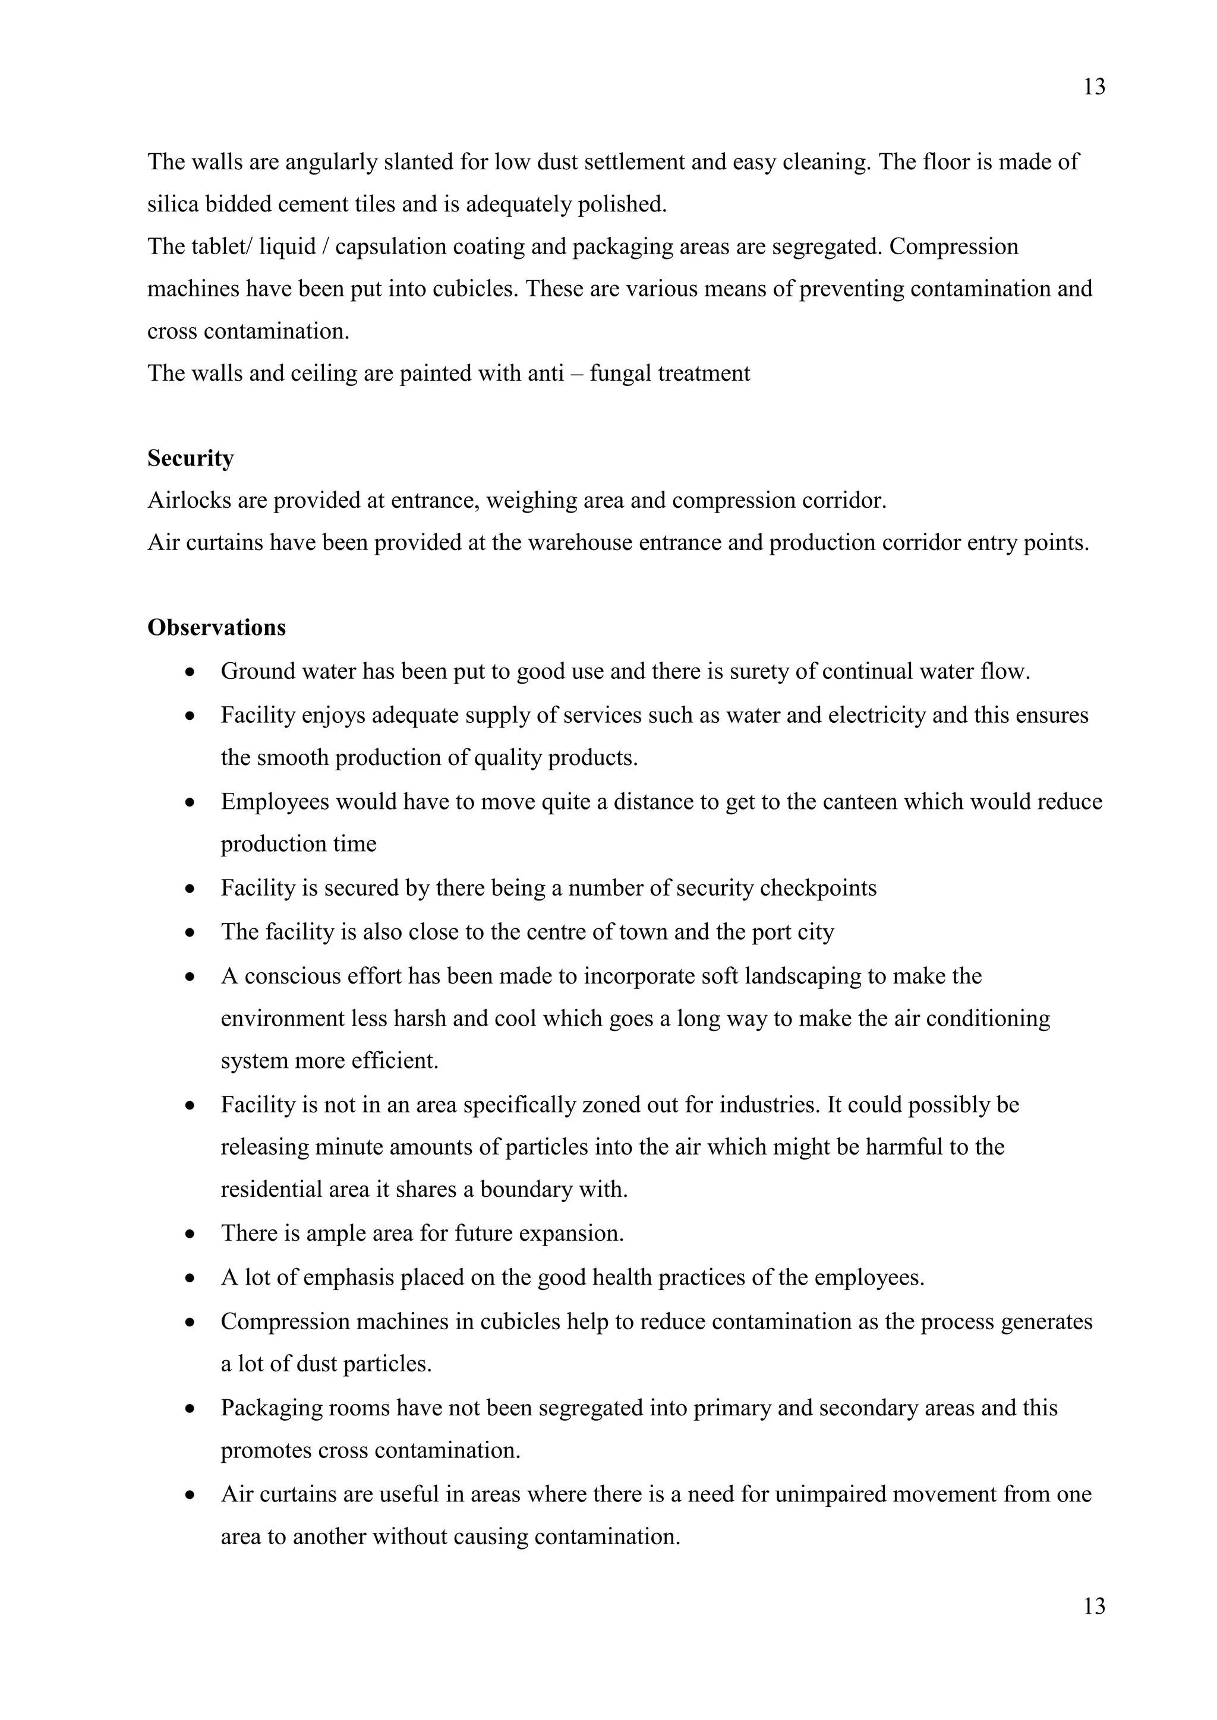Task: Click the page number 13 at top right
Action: click(x=1094, y=88)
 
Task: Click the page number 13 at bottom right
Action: click(x=1094, y=1606)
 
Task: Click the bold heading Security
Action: click(x=190, y=459)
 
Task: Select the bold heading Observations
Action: click(x=216, y=628)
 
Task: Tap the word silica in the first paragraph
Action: click(x=172, y=204)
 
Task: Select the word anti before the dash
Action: click(x=546, y=374)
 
